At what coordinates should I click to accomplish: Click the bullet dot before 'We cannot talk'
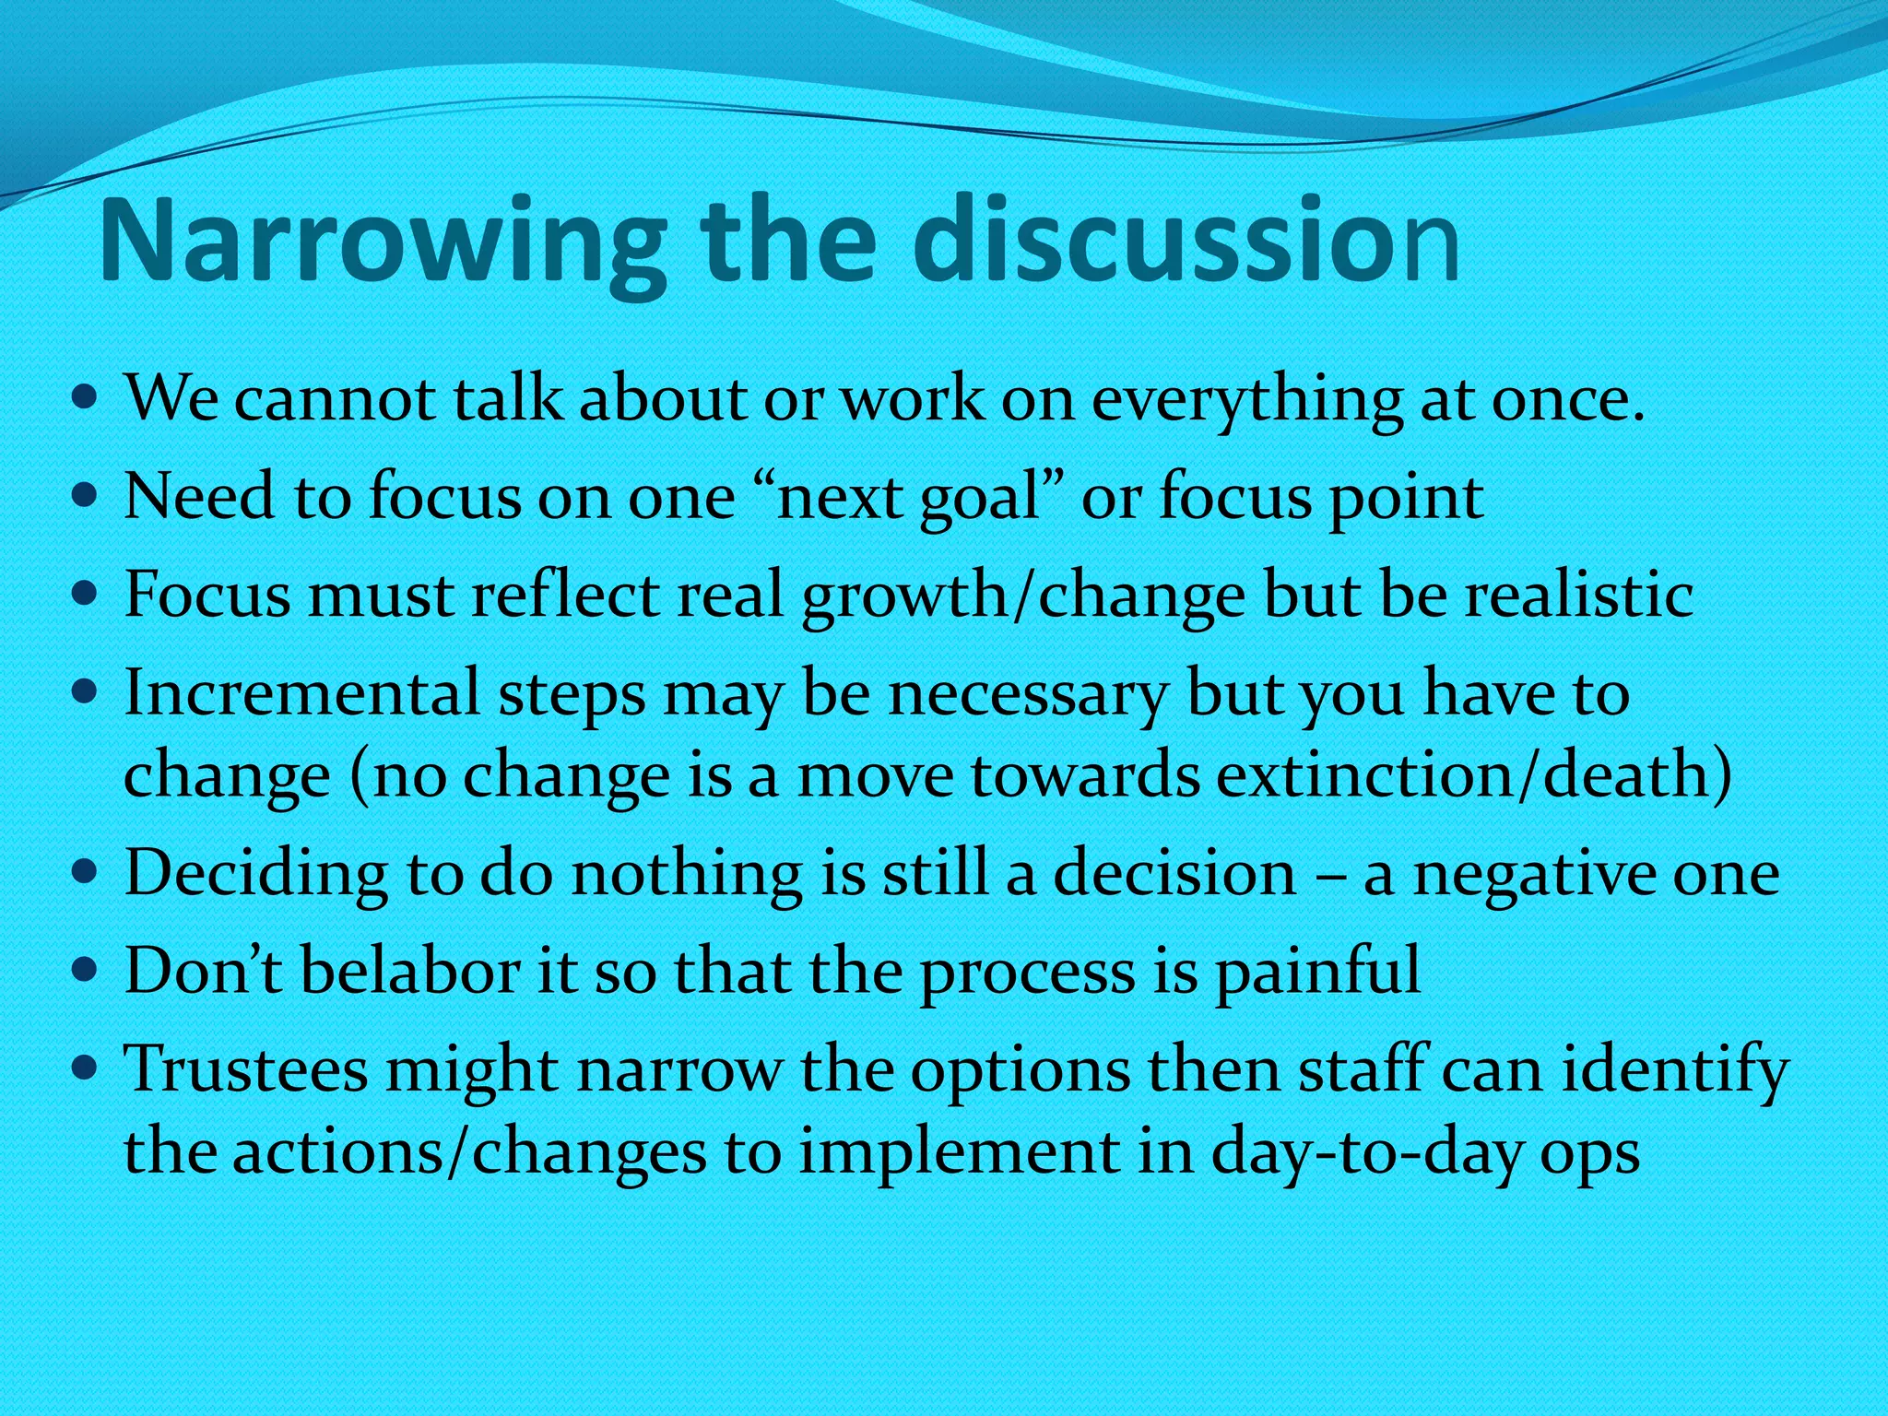(84, 401)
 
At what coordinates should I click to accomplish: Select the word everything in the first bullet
(1246, 401)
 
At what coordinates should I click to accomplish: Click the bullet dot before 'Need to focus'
(84, 499)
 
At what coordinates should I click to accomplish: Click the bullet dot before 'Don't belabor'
(84, 972)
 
